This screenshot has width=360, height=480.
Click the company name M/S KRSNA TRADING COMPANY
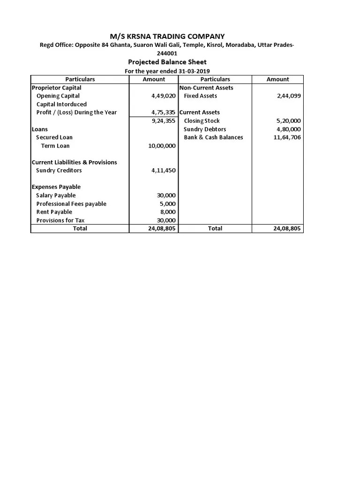click(167, 37)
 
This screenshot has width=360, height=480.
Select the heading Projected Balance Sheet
click(167, 62)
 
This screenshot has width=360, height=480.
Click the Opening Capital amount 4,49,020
click(163, 96)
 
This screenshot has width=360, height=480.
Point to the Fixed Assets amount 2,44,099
click(289, 96)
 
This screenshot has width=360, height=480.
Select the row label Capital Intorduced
click(61, 104)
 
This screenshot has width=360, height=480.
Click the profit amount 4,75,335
click(163, 112)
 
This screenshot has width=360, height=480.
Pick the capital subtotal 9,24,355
click(163, 121)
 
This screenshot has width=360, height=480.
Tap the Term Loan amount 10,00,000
click(162, 146)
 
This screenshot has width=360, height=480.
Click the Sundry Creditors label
click(59, 171)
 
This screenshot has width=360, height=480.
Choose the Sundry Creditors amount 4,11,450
click(163, 171)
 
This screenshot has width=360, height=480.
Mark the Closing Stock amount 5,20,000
click(289, 121)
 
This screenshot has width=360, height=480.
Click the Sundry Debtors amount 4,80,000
click(289, 129)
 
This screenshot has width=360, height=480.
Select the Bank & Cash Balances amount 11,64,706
click(287, 137)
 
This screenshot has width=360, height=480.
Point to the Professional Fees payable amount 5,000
click(168, 204)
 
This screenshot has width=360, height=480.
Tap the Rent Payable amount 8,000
click(168, 212)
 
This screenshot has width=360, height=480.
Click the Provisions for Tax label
click(60, 220)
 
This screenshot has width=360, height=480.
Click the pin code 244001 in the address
click(167, 53)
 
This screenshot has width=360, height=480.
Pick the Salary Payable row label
click(56, 195)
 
